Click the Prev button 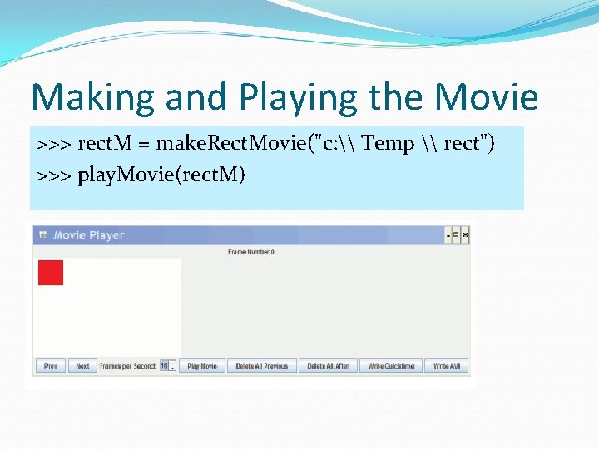(50, 366)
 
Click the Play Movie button (202, 366)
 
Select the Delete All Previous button (262, 366)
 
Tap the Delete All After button (328, 366)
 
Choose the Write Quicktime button (391, 366)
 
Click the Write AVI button (447, 366)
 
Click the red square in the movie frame (51, 273)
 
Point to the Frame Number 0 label (251, 252)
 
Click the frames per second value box (165, 366)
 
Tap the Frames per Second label (128, 366)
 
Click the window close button (465, 235)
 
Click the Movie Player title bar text (88, 235)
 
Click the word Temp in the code (389, 144)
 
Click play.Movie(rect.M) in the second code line (161, 175)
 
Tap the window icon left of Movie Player (42, 235)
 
